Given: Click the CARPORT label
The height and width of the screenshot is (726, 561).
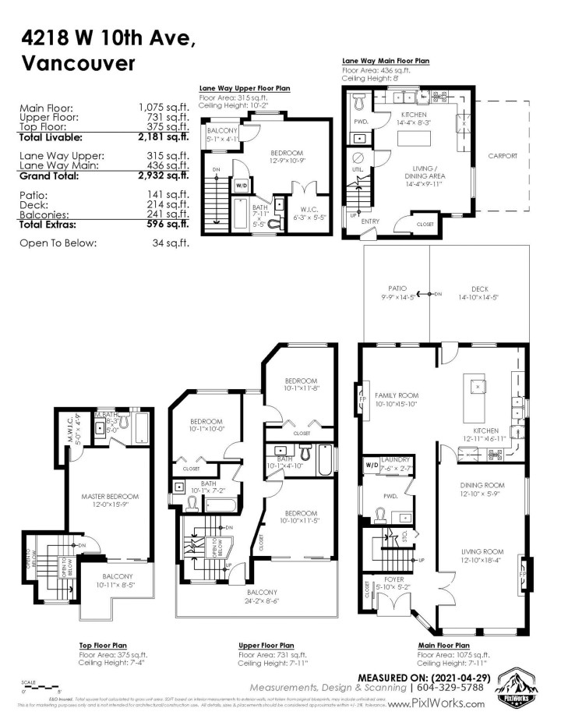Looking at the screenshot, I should click(x=503, y=156).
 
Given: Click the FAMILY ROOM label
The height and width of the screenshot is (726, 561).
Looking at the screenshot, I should click(x=397, y=395).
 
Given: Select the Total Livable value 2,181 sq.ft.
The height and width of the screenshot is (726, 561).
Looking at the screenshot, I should click(x=164, y=137).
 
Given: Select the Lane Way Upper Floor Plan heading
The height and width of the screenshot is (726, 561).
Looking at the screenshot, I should click(x=245, y=89).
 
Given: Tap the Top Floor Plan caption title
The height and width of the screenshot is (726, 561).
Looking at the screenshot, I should click(x=104, y=646).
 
